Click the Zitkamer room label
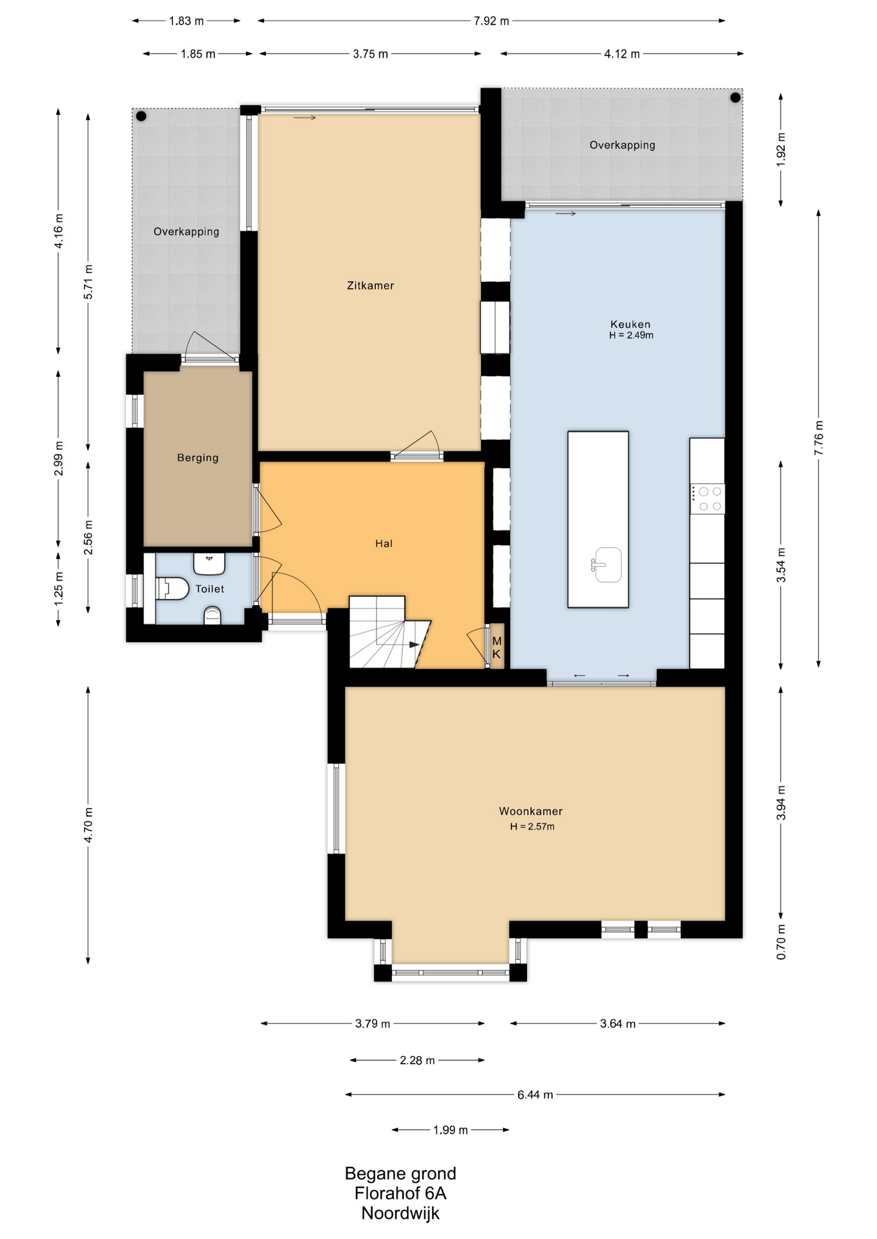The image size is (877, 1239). point(370,285)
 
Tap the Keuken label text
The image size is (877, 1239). point(630,324)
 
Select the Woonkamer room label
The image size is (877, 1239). point(530,811)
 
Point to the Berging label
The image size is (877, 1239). point(198,458)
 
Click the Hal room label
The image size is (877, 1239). point(384,543)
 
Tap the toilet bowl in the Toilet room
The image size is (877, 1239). point(172,589)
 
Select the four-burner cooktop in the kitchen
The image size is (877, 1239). point(707,499)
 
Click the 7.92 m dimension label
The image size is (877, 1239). point(491,21)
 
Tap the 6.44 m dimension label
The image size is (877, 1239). point(535,1094)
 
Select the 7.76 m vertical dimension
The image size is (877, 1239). point(819,438)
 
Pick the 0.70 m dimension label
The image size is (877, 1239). point(781,942)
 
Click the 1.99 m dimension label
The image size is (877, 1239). point(450,1130)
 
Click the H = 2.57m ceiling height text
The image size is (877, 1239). point(532,827)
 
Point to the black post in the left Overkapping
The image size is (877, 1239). point(141,117)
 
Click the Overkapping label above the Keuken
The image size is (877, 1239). point(622,145)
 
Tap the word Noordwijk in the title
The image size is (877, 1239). point(400,1213)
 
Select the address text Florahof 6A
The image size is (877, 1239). point(400,1193)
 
